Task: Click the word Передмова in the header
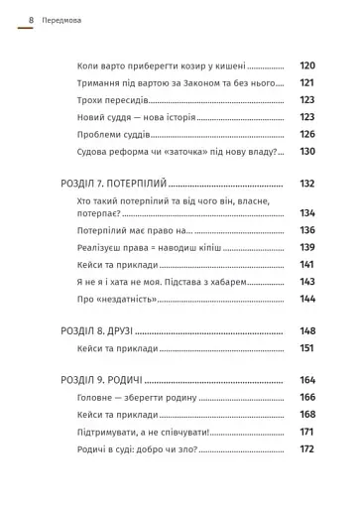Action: [x=63, y=19]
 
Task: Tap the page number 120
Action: [x=306, y=65]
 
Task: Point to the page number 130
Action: [x=306, y=151]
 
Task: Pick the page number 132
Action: [x=306, y=184]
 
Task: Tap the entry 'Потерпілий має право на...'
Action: [x=133, y=230]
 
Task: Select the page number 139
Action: [x=306, y=247]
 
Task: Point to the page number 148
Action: [x=306, y=331]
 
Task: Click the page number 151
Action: [x=306, y=348]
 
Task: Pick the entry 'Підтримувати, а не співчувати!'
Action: [x=146, y=432]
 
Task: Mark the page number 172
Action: [x=306, y=448]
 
